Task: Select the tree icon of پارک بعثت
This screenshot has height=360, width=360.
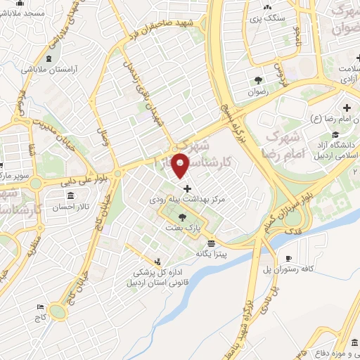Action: click(183, 217)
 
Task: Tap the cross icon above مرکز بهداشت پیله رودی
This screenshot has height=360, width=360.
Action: click(187, 188)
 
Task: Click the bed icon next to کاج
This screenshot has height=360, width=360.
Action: click(41, 308)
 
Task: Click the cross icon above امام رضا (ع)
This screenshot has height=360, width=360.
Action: click(347, 108)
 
